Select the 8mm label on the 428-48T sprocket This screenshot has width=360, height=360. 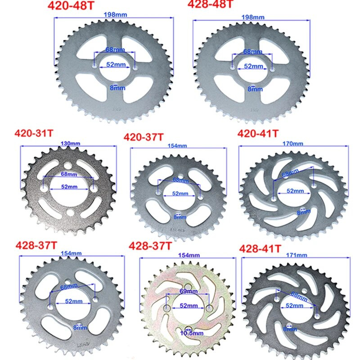(x=255, y=89)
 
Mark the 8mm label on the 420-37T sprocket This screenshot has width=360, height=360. (x=179, y=217)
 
